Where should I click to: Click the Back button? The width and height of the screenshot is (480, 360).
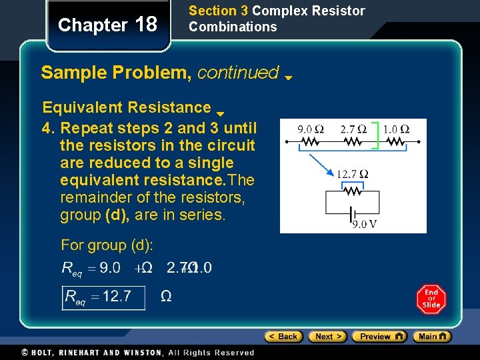pos(283,337)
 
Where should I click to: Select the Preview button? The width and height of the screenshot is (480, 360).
pos(379,337)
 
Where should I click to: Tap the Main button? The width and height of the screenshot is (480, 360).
pos(431,337)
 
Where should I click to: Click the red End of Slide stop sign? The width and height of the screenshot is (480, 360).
pos(431,299)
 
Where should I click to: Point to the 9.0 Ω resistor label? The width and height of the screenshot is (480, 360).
pos(310,129)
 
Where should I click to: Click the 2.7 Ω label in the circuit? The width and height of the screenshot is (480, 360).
pos(353,129)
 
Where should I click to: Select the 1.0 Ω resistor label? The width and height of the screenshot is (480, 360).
pos(395,129)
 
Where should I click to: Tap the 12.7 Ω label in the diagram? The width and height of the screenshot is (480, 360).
pos(353,175)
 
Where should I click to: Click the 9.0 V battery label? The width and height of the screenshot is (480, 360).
pos(364,224)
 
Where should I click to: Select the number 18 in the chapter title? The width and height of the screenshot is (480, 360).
pos(145,25)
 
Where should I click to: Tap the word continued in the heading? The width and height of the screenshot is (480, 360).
pos(238,72)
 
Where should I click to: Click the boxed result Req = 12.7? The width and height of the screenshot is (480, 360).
pos(103,297)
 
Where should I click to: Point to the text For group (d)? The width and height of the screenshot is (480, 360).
pos(107,245)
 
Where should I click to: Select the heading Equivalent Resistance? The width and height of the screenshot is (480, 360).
pos(127,107)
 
